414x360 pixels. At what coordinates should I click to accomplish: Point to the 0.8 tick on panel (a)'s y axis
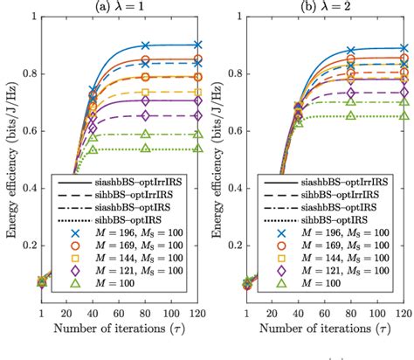pos(26,78)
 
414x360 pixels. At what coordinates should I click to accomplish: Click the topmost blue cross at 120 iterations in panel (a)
pos(197,45)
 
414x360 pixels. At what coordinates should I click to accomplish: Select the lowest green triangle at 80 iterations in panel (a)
pos(146,149)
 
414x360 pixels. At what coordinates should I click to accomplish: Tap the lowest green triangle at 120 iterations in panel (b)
pos(403,115)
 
